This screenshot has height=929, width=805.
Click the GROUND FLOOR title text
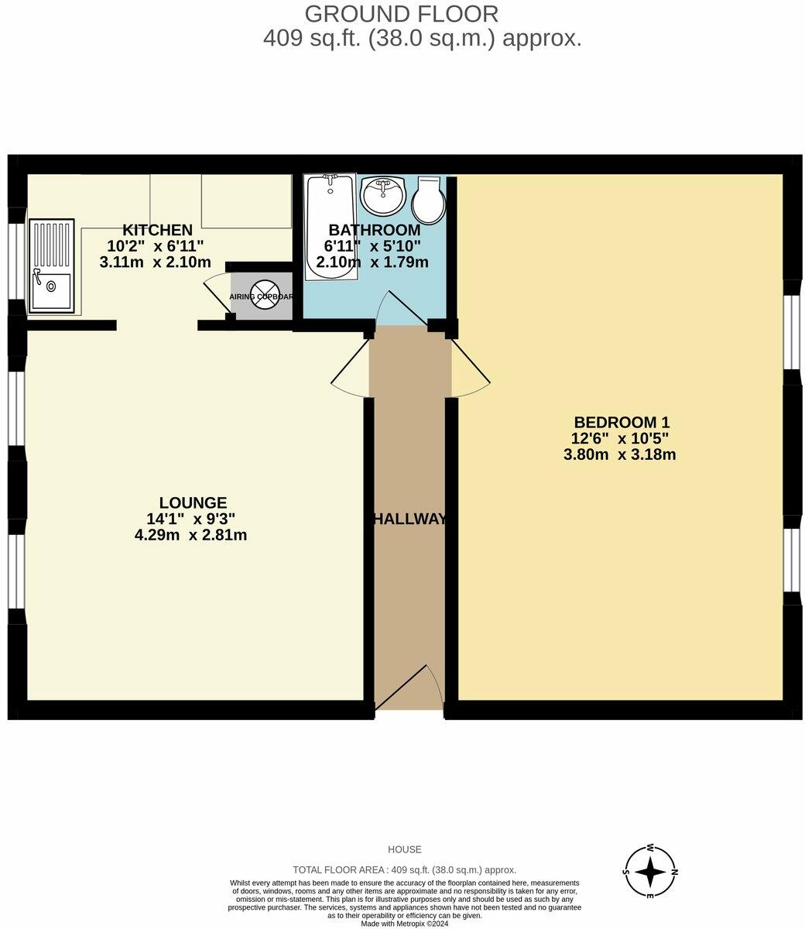[x=401, y=14]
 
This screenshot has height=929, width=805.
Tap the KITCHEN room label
[x=158, y=230]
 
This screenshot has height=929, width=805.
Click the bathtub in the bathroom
[x=331, y=227]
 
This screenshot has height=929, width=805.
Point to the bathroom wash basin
[x=383, y=195]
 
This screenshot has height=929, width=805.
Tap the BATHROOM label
[x=375, y=230]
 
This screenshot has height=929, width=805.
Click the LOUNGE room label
[x=193, y=502]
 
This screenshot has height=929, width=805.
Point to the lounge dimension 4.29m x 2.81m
[x=190, y=535]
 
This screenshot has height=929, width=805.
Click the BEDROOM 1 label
[x=621, y=422]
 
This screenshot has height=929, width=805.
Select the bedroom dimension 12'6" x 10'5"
[x=619, y=438]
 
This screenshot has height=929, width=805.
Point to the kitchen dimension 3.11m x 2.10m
[x=155, y=262]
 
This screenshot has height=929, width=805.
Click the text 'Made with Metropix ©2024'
[x=403, y=923]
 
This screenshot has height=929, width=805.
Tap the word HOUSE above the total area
[x=404, y=849]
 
